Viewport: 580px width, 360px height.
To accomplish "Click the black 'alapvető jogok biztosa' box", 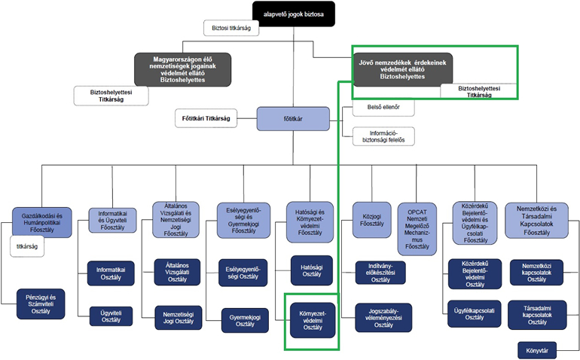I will point(293,13).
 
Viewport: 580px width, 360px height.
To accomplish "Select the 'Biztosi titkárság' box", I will point(231,29).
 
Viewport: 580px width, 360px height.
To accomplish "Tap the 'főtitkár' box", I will point(293,118).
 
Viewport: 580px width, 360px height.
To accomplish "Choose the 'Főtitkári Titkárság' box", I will point(206,119).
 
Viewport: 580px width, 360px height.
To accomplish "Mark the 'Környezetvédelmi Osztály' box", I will point(312,319).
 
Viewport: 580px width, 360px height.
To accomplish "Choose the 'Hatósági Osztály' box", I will point(312,270).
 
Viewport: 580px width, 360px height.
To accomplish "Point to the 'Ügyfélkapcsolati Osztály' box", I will point(475,315).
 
